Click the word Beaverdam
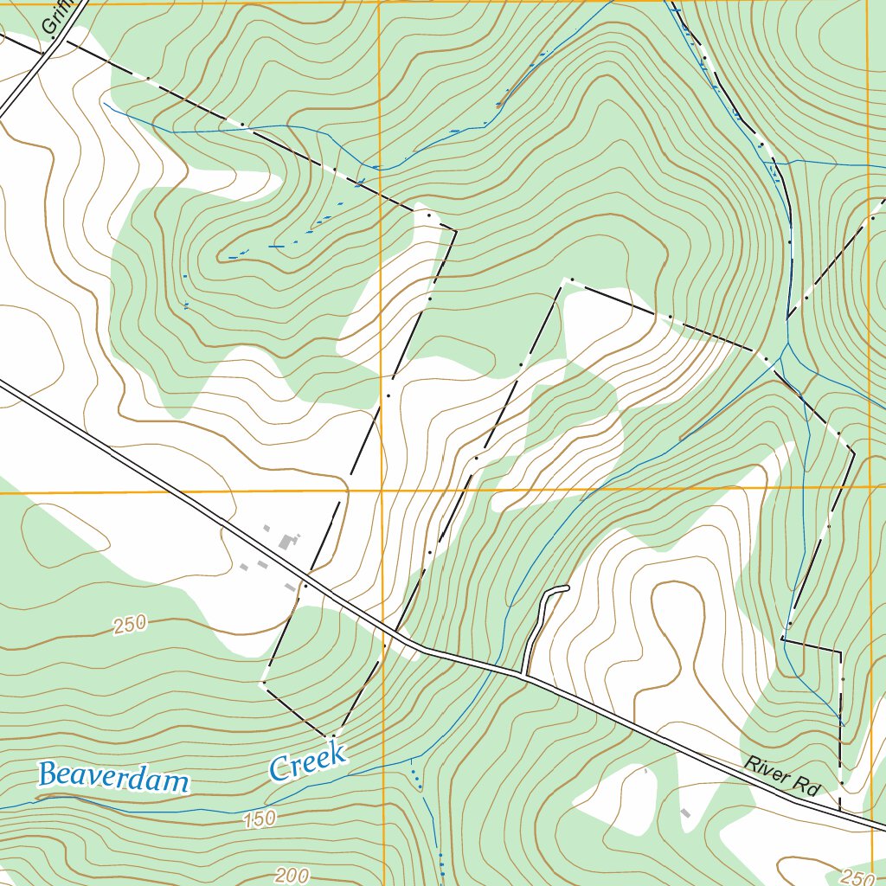113,777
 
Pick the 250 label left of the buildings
129,624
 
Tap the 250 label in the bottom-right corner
856,876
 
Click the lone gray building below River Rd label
685,812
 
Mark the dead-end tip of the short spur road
567,588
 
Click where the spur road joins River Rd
524,673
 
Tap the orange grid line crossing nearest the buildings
381,491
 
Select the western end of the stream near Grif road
104,104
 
